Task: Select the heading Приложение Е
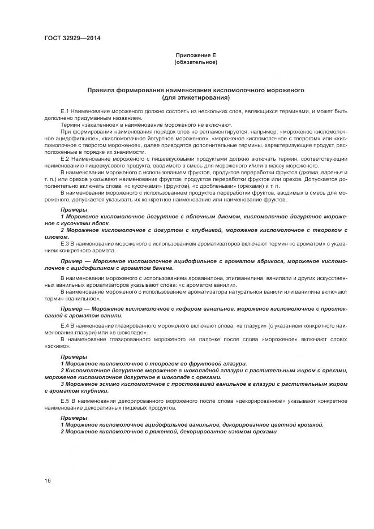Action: pos(196,55)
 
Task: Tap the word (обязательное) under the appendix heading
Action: pos(196,62)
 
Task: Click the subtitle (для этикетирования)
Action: pos(196,97)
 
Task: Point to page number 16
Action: pos(47,480)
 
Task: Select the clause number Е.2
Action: pos(65,161)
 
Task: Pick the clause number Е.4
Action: pos(65,326)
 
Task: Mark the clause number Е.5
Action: pos(65,400)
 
